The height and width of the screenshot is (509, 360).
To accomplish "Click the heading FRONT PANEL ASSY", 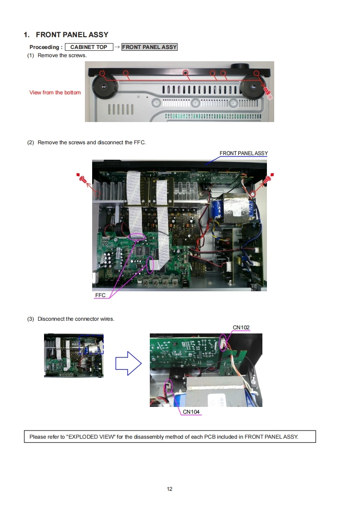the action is pyautogui.click(x=72, y=35).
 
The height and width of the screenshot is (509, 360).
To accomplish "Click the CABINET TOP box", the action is pyautogui.click(x=89, y=47).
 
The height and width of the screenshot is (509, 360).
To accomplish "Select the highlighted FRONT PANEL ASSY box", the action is pyautogui.click(x=149, y=47).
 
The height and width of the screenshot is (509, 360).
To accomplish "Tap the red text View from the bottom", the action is pyautogui.click(x=55, y=93).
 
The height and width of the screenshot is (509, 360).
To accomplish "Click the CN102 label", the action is pyautogui.click(x=241, y=327).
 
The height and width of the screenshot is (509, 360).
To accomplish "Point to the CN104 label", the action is pyautogui.click(x=191, y=411).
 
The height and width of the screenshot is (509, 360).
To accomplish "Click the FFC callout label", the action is pyautogui.click(x=100, y=295).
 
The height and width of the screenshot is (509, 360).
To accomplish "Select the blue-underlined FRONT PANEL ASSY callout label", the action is pyautogui.click(x=244, y=153).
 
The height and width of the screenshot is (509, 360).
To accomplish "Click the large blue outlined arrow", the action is pyautogui.click(x=128, y=363).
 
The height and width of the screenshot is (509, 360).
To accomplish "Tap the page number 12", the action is pyautogui.click(x=170, y=489).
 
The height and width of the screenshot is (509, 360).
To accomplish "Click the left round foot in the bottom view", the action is pyautogui.click(x=104, y=86).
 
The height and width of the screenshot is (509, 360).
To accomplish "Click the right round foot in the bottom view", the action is pyautogui.click(x=253, y=87).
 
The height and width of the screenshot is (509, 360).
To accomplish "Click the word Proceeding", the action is pyautogui.click(x=44, y=47).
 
